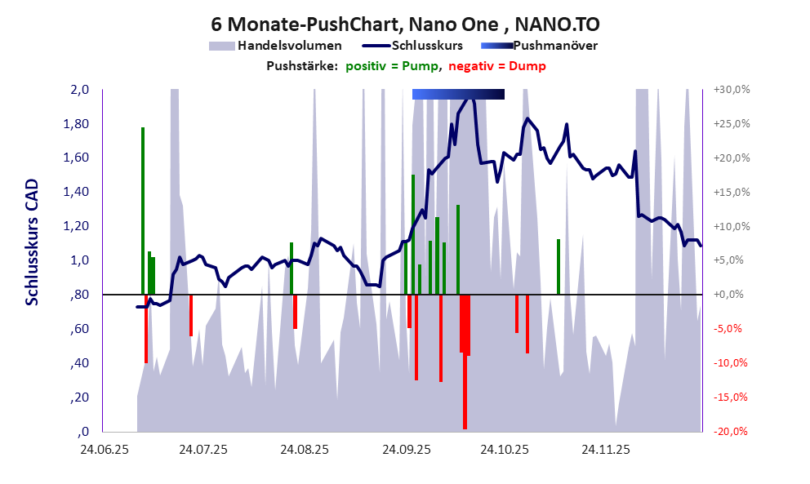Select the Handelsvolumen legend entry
(x=274, y=46)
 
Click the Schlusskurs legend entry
(x=416, y=46)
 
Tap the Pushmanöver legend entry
(x=539, y=46)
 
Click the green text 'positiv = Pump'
(x=393, y=66)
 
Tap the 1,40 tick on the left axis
(x=76, y=193)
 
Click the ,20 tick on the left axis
(x=78, y=397)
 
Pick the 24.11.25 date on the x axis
(x=605, y=449)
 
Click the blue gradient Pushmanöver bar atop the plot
(x=458, y=95)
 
